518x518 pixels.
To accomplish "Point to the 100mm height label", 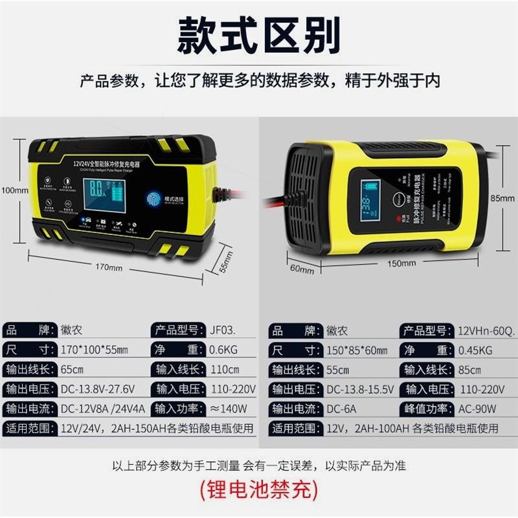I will point(14,190).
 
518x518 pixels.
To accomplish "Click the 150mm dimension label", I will point(401,264).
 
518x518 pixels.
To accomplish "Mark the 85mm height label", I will point(502,198).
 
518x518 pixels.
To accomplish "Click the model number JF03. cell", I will point(227,330).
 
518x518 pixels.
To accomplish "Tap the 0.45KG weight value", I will point(475,350).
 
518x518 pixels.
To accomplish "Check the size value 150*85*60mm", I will point(357,350).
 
